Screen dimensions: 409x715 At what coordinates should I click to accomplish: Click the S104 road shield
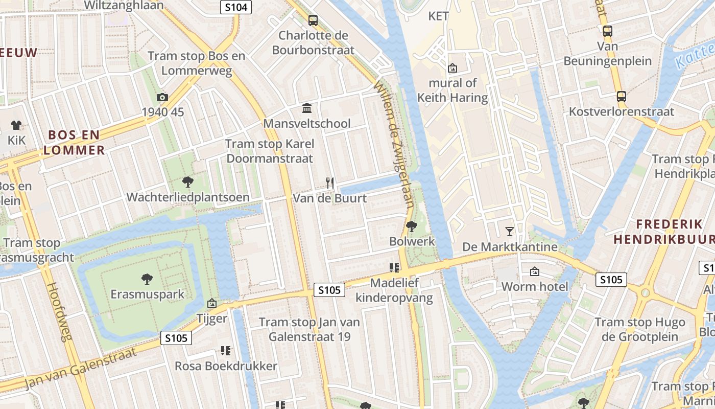tap(236, 7)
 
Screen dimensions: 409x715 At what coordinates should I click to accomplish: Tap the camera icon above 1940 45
tap(162, 97)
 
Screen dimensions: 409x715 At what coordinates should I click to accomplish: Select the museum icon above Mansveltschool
tap(307, 108)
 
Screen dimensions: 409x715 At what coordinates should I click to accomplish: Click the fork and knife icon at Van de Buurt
tap(330, 183)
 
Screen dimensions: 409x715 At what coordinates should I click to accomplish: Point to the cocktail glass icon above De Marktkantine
tap(509, 232)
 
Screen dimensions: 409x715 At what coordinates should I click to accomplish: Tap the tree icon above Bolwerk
tap(412, 226)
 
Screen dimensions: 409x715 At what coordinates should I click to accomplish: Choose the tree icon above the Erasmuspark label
tap(147, 279)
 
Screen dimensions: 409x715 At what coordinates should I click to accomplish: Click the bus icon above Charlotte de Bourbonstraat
tap(313, 20)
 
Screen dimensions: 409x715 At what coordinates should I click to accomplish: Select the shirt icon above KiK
tap(16, 125)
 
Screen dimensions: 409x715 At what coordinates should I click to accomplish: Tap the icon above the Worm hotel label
tap(535, 271)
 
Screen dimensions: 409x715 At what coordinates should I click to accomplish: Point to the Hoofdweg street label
tap(60, 312)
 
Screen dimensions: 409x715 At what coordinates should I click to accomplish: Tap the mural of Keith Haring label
tap(452, 90)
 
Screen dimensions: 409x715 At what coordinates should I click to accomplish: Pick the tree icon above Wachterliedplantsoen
tap(188, 181)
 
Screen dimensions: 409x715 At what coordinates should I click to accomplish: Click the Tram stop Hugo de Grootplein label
tap(639, 329)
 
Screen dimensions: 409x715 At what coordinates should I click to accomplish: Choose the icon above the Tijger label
tap(212, 304)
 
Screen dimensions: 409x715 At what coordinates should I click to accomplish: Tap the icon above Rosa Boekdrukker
tap(226, 351)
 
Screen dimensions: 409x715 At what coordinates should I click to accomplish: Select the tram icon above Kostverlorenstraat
tap(622, 96)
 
